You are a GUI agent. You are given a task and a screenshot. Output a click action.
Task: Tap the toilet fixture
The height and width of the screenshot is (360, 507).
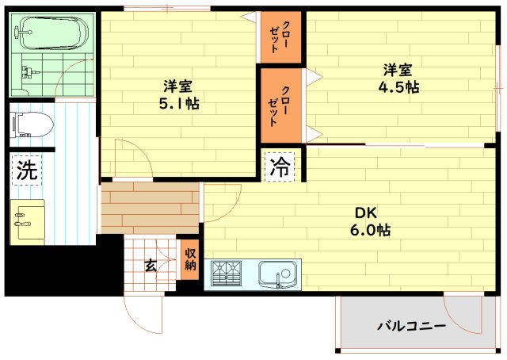pos(32,124)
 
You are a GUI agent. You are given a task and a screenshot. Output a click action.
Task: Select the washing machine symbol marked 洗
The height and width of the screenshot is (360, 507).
pos(27,170)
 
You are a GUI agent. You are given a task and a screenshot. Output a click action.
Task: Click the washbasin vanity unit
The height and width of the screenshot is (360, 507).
pos(27,222)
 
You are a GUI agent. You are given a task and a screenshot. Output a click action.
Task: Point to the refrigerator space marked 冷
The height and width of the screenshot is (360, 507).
pos(280,167)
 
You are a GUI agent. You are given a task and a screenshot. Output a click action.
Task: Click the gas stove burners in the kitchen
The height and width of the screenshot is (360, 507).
pos(227,274)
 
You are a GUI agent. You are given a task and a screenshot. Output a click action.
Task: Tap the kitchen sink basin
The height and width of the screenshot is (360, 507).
pos(277,274)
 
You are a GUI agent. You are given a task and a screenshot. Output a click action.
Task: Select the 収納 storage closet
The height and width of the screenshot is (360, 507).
pos(190,259)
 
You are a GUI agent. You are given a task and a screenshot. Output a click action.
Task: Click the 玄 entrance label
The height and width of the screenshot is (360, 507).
pos(151,266)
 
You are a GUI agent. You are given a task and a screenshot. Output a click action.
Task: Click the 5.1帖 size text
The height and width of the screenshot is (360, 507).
pos(179,104)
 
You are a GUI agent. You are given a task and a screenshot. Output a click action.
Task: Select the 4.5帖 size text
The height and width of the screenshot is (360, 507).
pos(398,86)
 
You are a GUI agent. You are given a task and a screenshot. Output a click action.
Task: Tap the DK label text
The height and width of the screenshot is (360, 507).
pos(366,213)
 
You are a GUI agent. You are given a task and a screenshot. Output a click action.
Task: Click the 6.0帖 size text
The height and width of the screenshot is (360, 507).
pos(370,230)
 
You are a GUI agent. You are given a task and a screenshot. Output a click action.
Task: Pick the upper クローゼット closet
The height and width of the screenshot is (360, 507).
pos(280,37)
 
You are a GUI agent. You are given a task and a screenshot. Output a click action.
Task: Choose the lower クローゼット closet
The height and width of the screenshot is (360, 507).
pos(280,105)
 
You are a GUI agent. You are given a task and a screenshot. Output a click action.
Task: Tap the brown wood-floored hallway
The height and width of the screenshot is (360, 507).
pos(150,208)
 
